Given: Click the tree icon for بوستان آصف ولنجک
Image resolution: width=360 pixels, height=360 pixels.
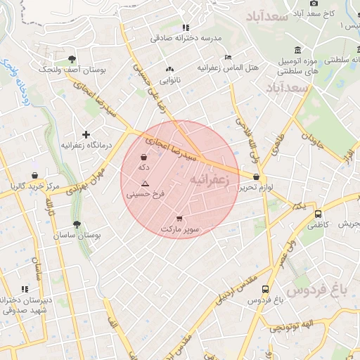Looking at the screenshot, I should (x=73, y=60).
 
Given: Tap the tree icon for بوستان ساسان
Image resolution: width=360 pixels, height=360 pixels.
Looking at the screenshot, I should (x=77, y=225).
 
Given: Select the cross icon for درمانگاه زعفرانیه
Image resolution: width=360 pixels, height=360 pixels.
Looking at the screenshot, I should (x=86, y=134).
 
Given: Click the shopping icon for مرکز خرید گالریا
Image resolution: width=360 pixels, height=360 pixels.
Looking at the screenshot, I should (x=34, y=176).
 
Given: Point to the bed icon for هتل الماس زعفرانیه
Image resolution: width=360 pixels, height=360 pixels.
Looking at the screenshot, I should (x=227, y=58).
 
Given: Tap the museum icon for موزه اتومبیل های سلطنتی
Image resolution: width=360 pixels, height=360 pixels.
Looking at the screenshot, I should (x=299, y=51).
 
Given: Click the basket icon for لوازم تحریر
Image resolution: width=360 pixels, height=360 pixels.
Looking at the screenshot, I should (x=256, y=177).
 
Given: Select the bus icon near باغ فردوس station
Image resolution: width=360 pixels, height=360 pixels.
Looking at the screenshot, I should (x=265, y=289).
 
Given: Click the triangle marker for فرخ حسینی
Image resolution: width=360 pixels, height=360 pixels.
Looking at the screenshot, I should (x=145, y=183).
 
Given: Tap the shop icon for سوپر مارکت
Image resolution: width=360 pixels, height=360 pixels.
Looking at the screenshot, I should (x=179, y=219).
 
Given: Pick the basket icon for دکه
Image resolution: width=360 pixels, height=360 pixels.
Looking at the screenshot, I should (x=144, y=157).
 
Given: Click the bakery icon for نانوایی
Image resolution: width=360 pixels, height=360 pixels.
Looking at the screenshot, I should (x=169, y=70).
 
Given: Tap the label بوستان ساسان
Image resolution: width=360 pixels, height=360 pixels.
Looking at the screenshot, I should (x=77, y=236).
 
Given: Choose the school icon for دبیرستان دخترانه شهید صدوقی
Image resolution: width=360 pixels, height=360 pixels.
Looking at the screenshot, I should (x=25, y=289).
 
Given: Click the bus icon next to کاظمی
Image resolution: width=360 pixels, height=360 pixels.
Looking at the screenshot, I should (x=319, y=214).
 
